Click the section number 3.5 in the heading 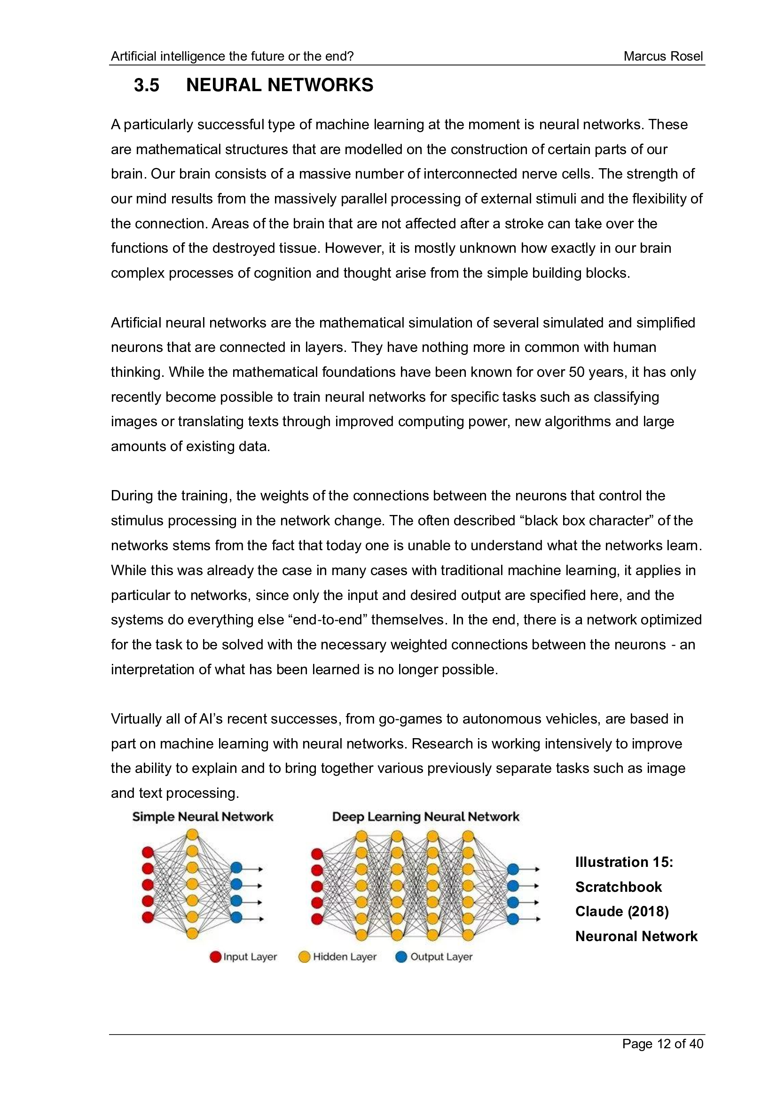click(146, 85)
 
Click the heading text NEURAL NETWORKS click(279, 85)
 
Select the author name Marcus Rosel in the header click(663, 56)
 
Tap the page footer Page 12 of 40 click(662, 1044)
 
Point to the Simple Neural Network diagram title click(203, 817)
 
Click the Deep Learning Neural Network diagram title click(425, 817)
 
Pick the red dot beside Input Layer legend click(215, 957)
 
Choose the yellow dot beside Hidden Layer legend click(304, 957)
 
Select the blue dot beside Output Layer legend click(401, 957)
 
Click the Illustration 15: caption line click(624, 862)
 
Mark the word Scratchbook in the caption click(618, 887)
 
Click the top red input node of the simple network click(148, 852)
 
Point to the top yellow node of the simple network click(192, 835)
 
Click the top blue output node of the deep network click(513, 869)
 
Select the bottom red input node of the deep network click(317, 919)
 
